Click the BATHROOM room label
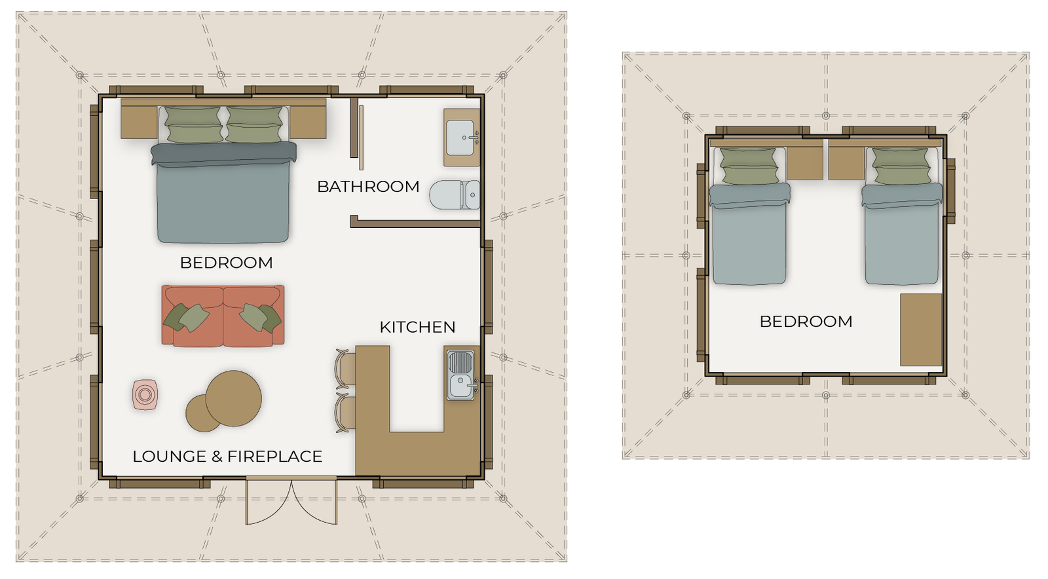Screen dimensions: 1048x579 point(368,187)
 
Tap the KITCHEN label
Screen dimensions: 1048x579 point(417,327)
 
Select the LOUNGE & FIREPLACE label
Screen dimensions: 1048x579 point(227,456)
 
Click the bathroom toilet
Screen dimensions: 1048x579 point(455,195)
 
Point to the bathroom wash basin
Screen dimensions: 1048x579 point(460,138)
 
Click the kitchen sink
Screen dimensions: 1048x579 point(461,375)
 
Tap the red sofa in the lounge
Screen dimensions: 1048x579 point(223,316)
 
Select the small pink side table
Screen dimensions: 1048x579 point(145,395)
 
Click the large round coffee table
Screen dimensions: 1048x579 point(233,398)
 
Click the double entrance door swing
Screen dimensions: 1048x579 point(291,500)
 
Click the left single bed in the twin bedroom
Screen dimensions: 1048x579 point(749,215)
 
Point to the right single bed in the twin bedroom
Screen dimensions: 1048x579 point(901,215)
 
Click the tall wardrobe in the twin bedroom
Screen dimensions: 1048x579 point(921,329)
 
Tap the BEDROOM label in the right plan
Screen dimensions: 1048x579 point(806,322)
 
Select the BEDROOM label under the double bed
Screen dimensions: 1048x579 point(226,263)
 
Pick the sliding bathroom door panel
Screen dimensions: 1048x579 point(361,138)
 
